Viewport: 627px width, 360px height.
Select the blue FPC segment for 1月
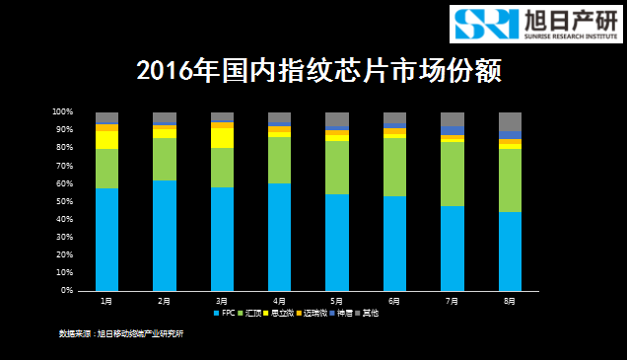[106, 240]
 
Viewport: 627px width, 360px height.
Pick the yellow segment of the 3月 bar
[222, 138]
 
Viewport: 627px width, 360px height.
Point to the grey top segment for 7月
[453, 119]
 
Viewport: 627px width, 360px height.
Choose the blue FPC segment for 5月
[337, 243]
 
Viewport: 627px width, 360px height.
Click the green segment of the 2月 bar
[165, 159]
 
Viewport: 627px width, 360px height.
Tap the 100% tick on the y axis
[63, 111]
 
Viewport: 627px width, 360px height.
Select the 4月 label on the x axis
[279, 300]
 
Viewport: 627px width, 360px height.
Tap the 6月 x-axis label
[394, 300]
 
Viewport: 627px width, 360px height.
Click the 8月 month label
[510, 300]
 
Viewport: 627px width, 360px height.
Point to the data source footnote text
[121, 333]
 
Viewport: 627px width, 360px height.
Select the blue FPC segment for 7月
[453, 249]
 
